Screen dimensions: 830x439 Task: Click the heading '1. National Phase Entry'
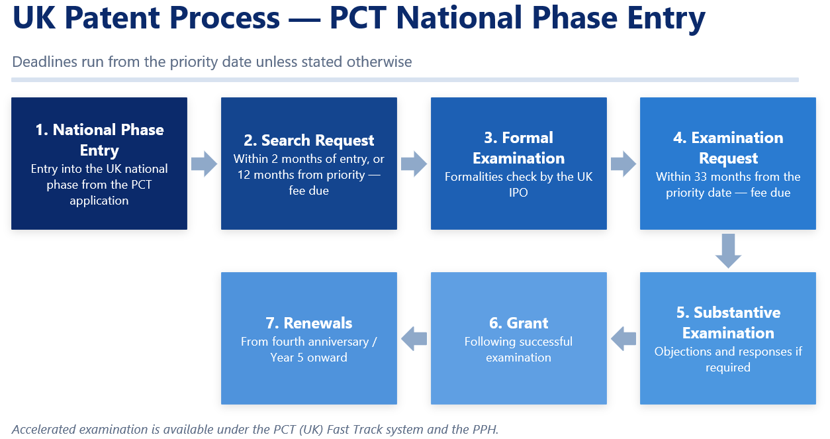pyautogui.click(x=99, y=140)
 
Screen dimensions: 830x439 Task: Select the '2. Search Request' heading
pyautogui.click(x=308, y=140)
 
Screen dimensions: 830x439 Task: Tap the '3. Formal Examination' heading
pyautogui.click(x=518, y=148)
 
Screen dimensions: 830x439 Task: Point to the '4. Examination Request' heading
pyautogui.click(x=728, y=148)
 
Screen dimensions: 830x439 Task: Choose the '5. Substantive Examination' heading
pyautogui.click(x=728, y=322)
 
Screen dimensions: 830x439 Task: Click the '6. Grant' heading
pyautogui.click(x=518, y=323)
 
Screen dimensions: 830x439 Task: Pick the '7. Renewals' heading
pyautogui.click(x=308, y=323)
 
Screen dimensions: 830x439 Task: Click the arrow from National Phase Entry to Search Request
pyautogui.click(x=204, y=164)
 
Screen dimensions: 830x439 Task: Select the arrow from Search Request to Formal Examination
pyautogui.click(x=414, y=164)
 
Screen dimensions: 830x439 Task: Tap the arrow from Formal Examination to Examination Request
pyautogui.click(x=623, y=164)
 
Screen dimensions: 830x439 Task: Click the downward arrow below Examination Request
pyautogui.click(x=728, y=251)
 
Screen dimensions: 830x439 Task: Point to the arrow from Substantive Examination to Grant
pyautogui.click(x=623, y=338)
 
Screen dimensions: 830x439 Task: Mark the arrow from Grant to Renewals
pyautogui.click(x=414, y=338)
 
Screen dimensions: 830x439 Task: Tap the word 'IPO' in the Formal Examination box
pyautogui.click(x=518, y=193)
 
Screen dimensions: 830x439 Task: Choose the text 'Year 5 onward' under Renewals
pyautogui.click(x=308, y=358)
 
